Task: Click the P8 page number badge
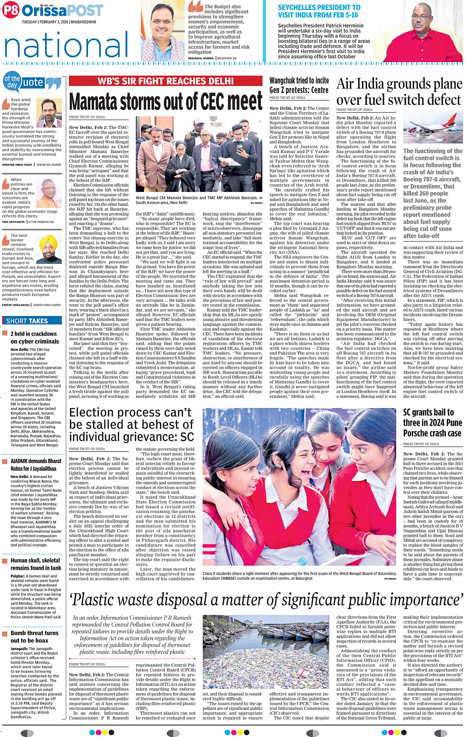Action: click(x=11, y=10)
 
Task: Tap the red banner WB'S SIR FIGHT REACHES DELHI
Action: click(x=165, y=81)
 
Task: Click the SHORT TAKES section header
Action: click(x=27, y=321)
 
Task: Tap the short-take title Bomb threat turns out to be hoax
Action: click(x=34, y=637)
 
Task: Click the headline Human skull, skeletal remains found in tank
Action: click(x=35, y=564)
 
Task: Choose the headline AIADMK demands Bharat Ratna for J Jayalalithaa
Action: click(x=35, y=465)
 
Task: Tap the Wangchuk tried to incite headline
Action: click(x=299, y=85)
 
